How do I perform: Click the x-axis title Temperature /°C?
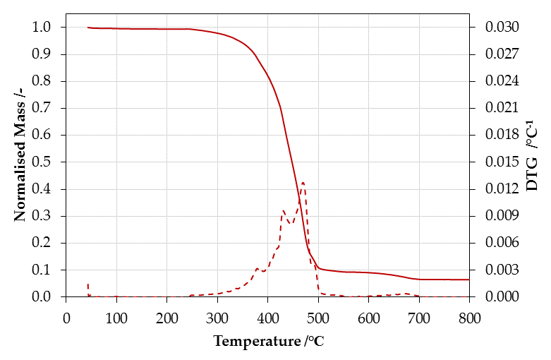(269, 341)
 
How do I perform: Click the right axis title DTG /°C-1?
(532, 156)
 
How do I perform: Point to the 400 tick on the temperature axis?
(268, 318)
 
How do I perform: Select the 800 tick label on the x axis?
(469, 318)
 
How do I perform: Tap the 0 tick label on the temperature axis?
(66, 318)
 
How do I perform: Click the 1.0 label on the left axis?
(41, 27)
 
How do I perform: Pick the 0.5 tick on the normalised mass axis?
(41, 162)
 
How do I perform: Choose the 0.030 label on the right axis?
(502, 27)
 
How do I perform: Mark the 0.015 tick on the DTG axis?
(502, 162)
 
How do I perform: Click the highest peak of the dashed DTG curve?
(303, 182)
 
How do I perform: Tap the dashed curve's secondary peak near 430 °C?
(283, 210)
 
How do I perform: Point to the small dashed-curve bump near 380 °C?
(258, 269)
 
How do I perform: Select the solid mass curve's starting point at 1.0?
(88, 27)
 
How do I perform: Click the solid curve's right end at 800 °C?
(469, 280)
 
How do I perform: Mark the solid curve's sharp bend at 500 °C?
(318, 268)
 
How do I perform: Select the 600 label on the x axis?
(368, 318)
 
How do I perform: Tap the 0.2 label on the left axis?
(41, 243)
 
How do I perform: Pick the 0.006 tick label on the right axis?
(502, 243)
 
